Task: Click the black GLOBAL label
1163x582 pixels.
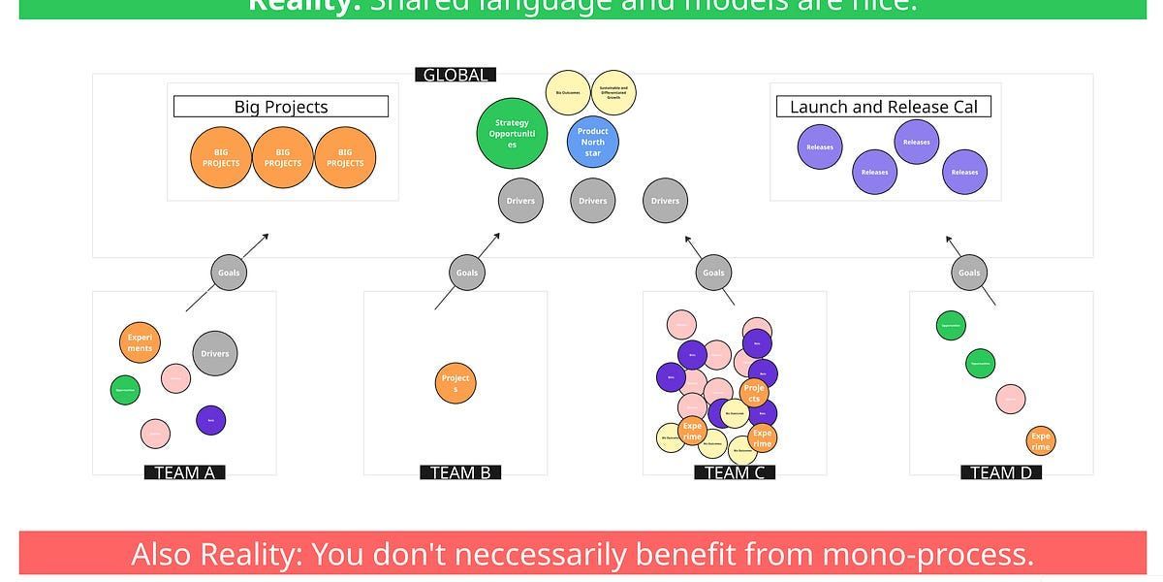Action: point(456,75)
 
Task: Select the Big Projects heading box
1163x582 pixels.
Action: point(281,107)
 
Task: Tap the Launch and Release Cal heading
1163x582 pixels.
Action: point(883,107)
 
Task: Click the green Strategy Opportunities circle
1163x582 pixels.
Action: point(512,133)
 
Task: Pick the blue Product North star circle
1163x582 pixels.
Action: point(592,143)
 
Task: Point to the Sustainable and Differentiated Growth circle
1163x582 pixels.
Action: point(613,93)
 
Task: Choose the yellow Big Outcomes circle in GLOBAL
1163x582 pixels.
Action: point(568,93)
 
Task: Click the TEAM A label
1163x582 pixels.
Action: point(184,472)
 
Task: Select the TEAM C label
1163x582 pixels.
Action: point(735,472)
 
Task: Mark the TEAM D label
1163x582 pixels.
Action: point(1001,472)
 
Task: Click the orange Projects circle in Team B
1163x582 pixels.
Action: point(456,383)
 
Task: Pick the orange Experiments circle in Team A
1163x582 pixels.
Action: point(140,342)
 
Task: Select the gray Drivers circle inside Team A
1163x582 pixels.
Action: point(215,354)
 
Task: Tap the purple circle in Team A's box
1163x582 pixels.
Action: point(210,420)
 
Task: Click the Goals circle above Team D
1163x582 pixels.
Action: point(969,273)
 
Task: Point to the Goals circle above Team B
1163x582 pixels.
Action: point(467,273)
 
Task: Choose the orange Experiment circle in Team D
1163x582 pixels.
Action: point(1040,441)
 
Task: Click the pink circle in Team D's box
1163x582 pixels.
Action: point(1011,399)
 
